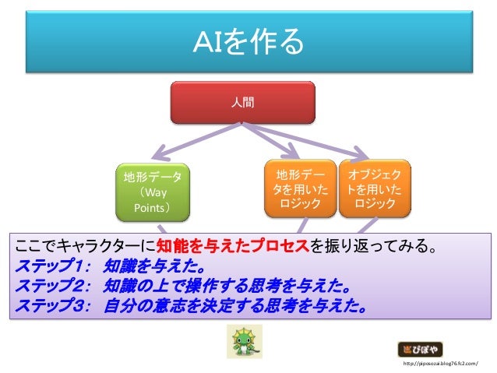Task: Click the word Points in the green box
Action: click(153, 208)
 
